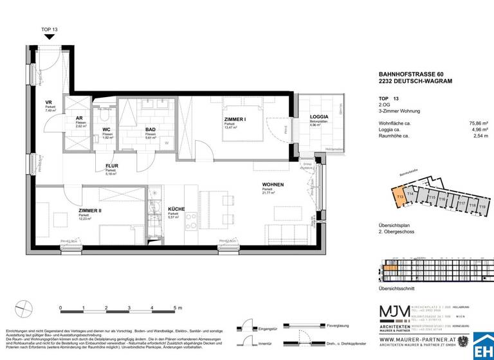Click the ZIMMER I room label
(237, 120)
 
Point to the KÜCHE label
(177, 210)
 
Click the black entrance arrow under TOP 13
(50, 37)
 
